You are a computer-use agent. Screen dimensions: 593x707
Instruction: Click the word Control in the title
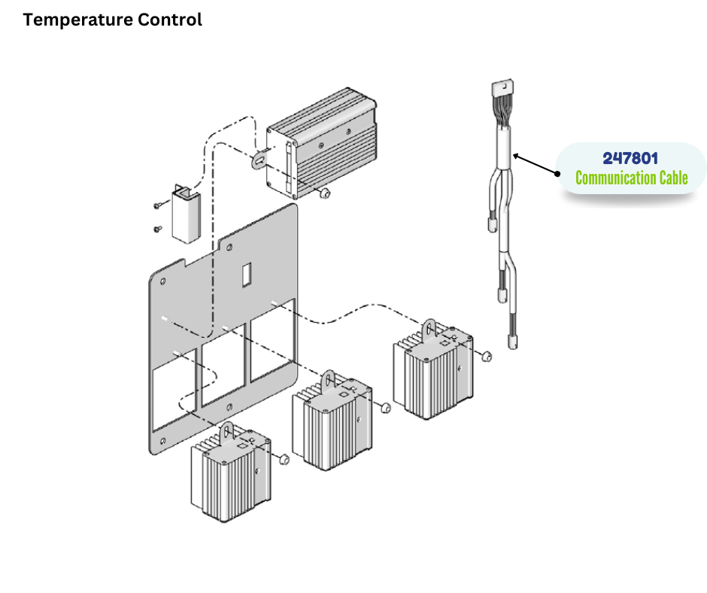(x=169, y=20)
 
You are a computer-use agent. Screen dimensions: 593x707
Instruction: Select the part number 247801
(x=630, y=159)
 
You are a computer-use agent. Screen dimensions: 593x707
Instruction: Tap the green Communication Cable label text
(x=631, y=178)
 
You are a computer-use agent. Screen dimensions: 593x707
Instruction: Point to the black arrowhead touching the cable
(x=517, y=157)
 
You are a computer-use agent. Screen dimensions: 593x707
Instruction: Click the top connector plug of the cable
(x=501, y=89)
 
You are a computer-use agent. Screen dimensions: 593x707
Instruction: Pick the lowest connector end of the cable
(x=513, y=342)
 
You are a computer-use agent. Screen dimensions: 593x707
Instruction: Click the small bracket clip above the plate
(x=185, y=214)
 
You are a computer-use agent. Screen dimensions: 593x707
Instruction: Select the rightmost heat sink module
(x=433, y=372)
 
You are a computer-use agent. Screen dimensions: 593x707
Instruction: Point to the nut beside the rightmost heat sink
(x=487, y=355)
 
